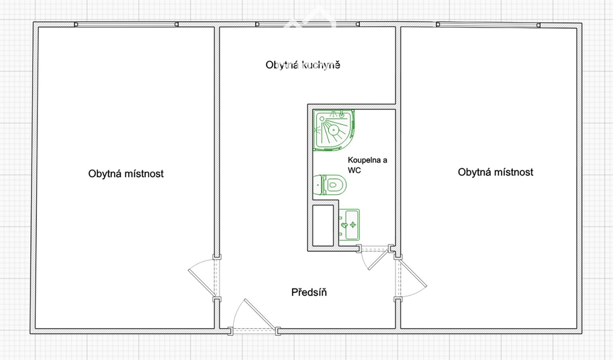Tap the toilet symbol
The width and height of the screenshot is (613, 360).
click(x=330, y=185)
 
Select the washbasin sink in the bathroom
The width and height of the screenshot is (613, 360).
click(x=349, y=225)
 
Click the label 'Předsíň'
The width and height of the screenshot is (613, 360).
click(x=309, y=292)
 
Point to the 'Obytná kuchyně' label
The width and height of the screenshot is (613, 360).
click(x=303, y=65)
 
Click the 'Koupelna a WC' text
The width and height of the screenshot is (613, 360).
click(x=368, y=165)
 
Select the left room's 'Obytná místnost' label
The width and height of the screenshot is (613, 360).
click(x=126, y=174)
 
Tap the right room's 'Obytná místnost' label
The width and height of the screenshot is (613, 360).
click(x=495, y=172)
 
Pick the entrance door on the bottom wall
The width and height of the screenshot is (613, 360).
click(x=259, y=314)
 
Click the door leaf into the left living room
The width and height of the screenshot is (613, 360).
click(x=202, y=283)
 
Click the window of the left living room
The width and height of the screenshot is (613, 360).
click(x=126, y=25)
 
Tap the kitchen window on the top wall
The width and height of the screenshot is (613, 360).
click(x=307, y=24)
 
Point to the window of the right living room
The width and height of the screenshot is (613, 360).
click(x=488, y=25)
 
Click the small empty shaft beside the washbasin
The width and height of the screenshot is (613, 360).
click(x=323, y=225)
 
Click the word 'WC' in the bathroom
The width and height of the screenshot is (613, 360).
click(x=354, y=170)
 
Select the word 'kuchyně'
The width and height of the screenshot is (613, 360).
click(x=321, y=65)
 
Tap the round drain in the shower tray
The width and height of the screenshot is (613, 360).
click(x=334, y=130)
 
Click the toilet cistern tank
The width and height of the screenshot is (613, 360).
click(x=317, y=185)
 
